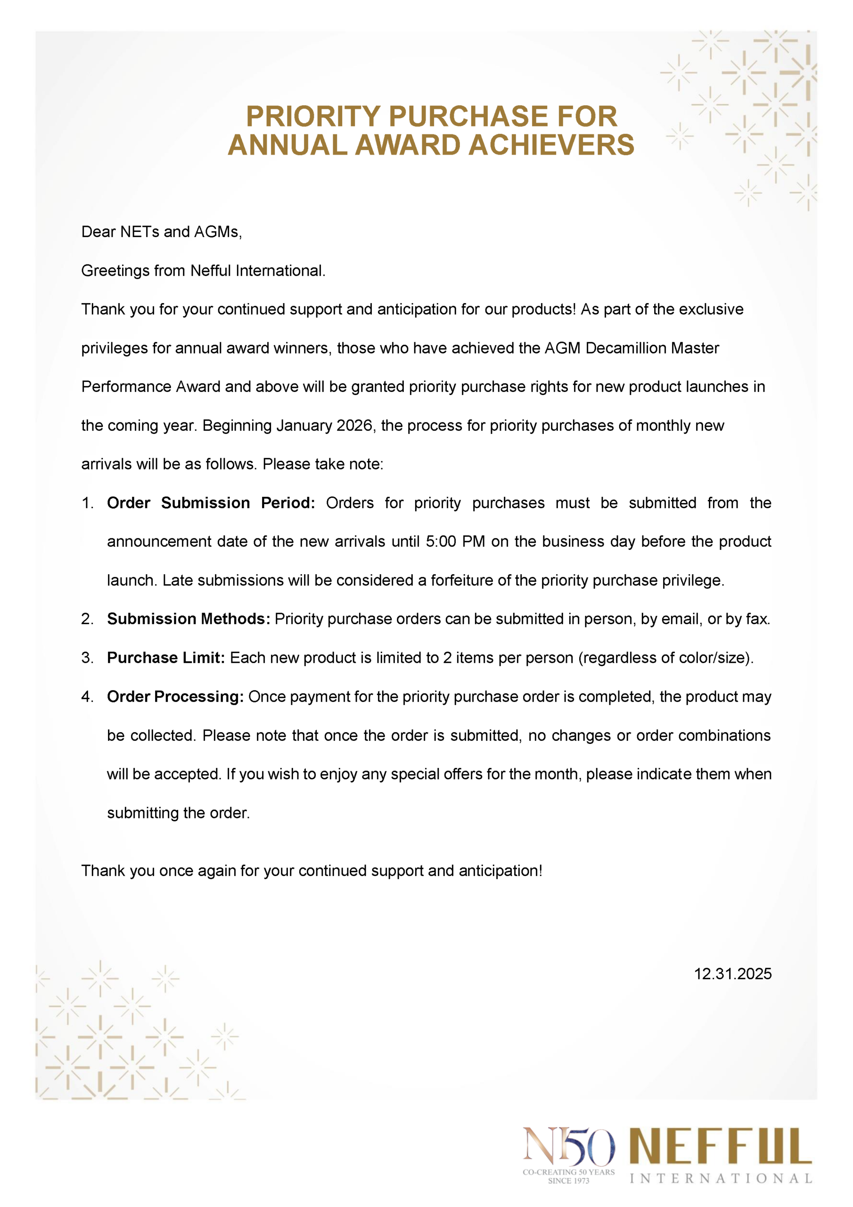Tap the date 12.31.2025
click(733, 974)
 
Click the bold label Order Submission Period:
click(211, 503)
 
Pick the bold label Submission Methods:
click(189, 619)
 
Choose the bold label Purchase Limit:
click(165, 658)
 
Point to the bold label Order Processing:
click(175, 697)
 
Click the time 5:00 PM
click(455, 542)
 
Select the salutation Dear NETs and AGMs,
click(161, 232)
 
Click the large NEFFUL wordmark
click(721, 1147)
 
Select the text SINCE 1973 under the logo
click(568, 1181)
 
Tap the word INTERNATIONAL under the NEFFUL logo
click(721, 1179)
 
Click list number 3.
click(87, 658)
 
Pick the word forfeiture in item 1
click(462, 580)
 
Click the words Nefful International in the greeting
click(257, 271)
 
